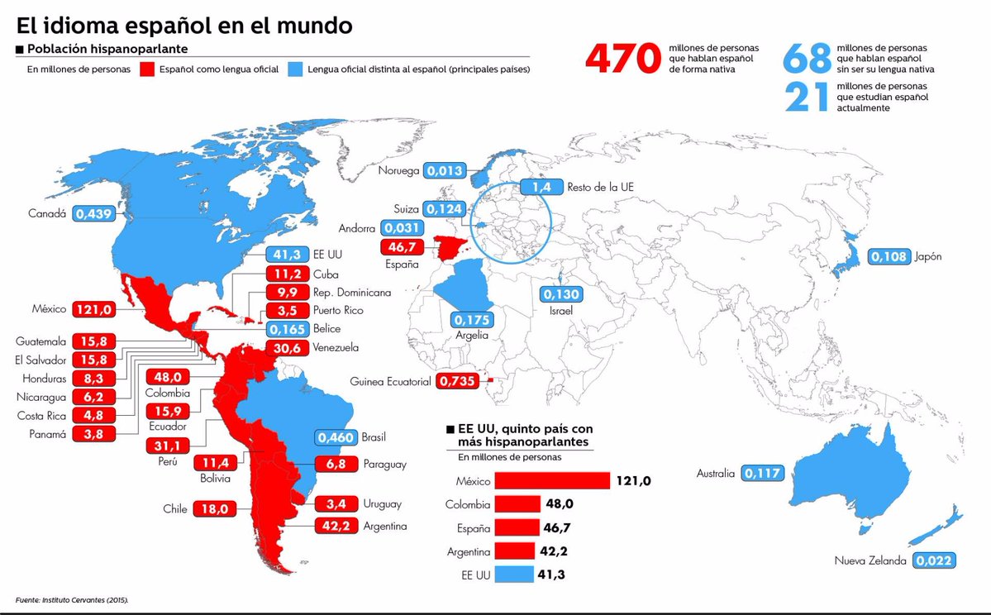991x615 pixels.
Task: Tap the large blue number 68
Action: click(807, 60)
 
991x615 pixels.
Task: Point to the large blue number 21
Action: click(807, 97)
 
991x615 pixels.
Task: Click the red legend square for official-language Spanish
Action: click(148, 69)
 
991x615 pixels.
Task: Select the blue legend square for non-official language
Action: click(293, 69)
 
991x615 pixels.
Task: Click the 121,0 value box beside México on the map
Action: click(93, 309)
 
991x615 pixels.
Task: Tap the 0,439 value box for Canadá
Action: click(93, 213)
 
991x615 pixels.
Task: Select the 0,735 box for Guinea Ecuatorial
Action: click(456, 381)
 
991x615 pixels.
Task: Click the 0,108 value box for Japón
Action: click(890, 256)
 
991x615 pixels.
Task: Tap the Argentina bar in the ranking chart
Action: click(515, 551)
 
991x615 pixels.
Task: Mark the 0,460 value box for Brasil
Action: click(336, 436)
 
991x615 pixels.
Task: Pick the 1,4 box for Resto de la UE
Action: click(541, 187)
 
